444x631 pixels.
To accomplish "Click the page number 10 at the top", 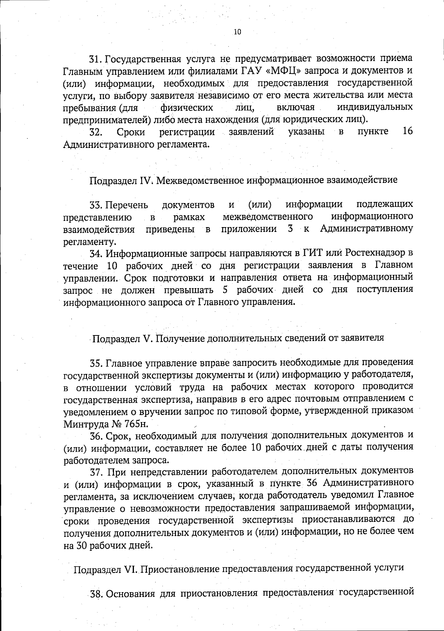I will (238, 32).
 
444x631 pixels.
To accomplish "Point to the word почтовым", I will (317, 399).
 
